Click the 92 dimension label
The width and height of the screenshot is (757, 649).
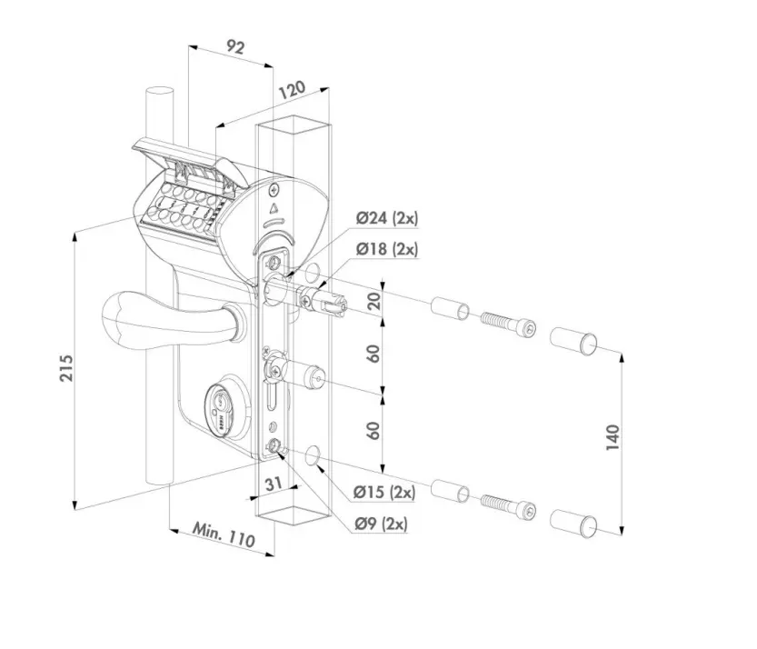coord(234,49)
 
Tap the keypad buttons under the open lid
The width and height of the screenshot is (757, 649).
coord(180,206)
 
